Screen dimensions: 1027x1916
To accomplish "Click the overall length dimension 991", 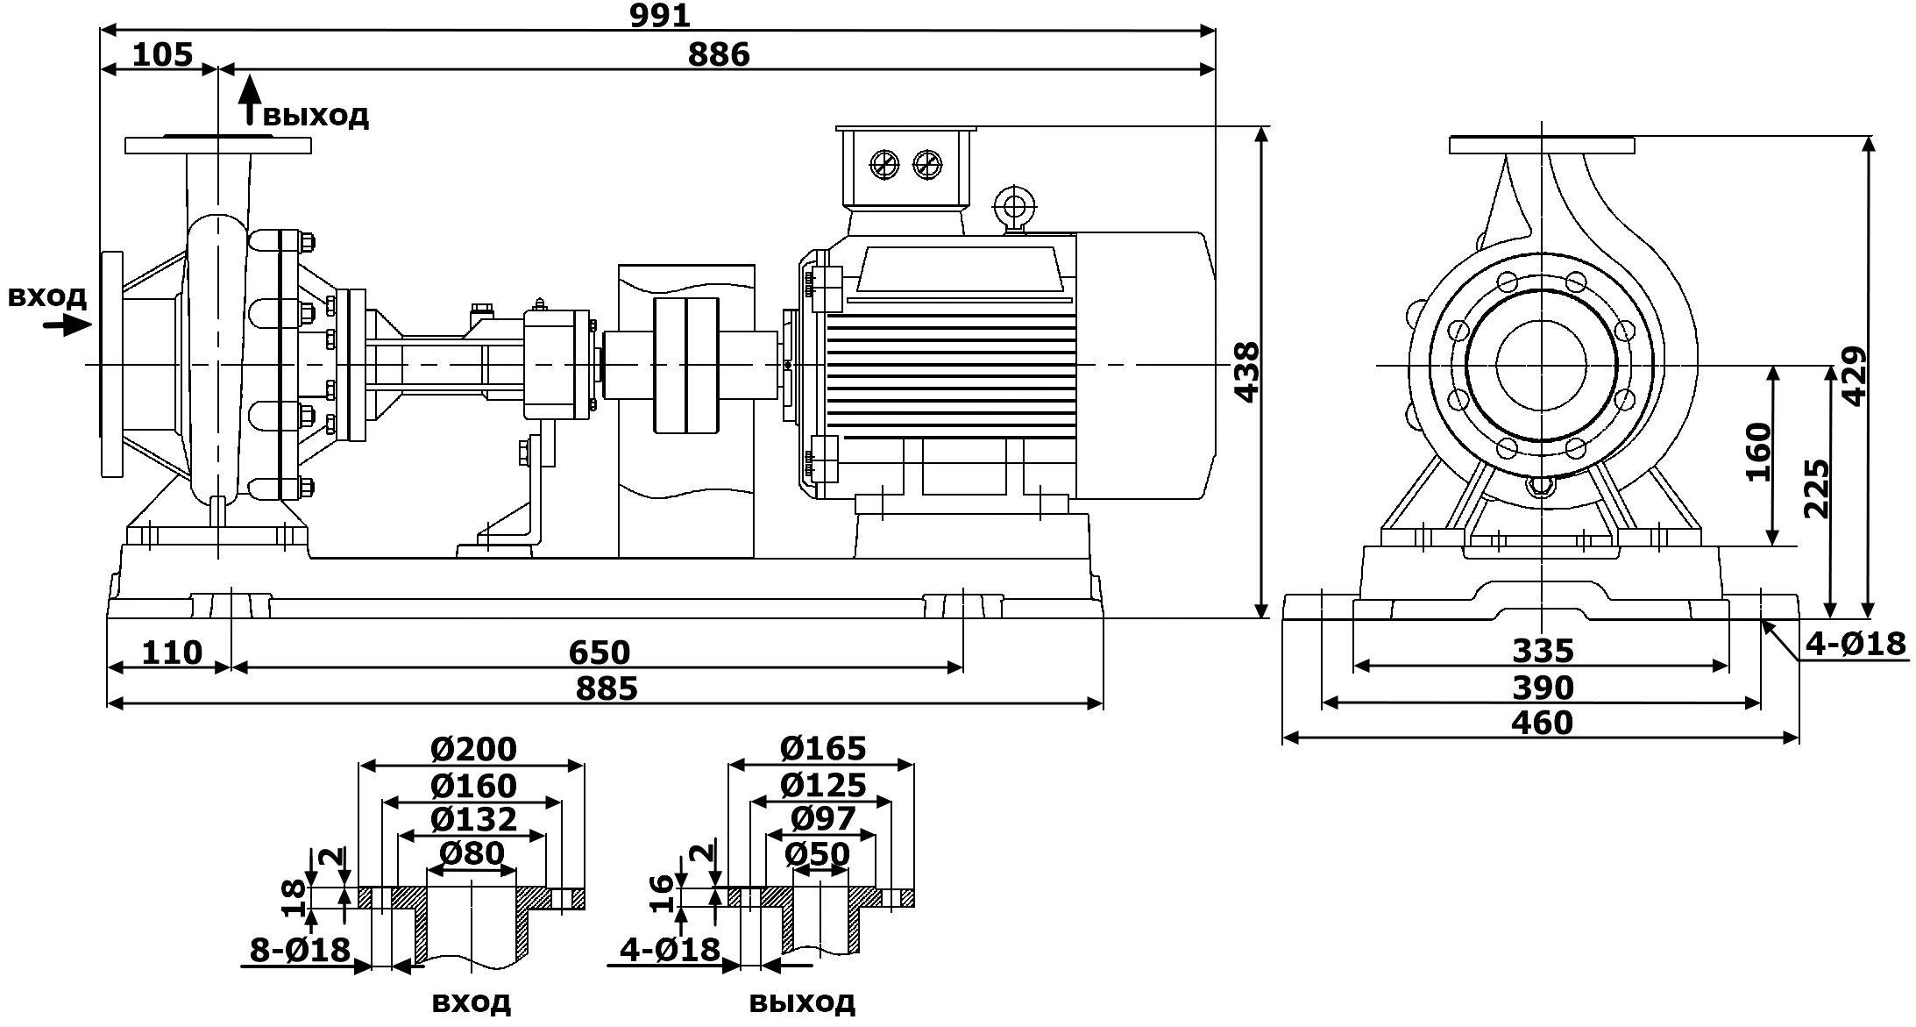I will (660, 15).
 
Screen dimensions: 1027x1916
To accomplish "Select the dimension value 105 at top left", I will (162, 55).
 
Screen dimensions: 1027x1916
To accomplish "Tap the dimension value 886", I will (719, 55).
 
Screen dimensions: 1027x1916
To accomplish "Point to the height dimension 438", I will (1246, 373).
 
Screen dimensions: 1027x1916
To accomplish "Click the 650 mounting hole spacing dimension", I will (599, 653).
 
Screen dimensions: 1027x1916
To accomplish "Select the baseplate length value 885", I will (606, 689).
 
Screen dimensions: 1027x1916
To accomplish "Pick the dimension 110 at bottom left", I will (172, 653).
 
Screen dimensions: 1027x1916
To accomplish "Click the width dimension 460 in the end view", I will (1542, 724).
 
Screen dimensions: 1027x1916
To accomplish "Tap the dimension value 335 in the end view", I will (1543, 651).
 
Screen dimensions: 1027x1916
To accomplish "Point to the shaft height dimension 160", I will (1759, 452).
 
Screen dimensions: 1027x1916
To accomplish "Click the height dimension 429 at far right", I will (1854, 376).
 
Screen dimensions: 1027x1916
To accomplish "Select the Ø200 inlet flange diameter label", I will (473, 750).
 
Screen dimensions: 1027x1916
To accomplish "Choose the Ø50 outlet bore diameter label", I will (817, 854).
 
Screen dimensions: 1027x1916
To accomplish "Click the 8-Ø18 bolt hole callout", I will (300, 950).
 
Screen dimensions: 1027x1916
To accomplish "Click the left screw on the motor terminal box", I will (884, 164).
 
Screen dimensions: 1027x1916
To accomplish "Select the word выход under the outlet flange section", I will (802, 1002).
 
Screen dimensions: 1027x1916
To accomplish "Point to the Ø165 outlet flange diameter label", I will (822, 749).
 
